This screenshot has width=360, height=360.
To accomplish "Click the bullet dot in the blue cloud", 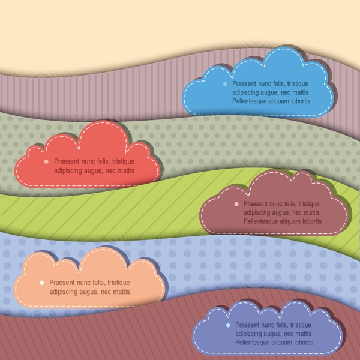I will [x=225, y=85].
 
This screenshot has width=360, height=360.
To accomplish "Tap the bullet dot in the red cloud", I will [x=46, y=161].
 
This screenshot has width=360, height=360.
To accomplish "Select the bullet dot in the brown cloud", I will [x=236, y=204].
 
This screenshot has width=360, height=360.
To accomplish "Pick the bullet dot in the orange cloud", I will [x=41, y=282].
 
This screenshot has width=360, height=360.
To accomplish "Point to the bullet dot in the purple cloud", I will [x=228, y=325].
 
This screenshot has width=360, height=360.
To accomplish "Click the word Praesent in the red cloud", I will [x=66, y=161].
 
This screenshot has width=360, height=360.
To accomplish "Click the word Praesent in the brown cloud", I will [x=256, y=204].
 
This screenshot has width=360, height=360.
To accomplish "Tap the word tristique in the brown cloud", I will [x=307, y=204].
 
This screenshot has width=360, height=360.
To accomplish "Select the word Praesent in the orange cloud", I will [x=61, y=282].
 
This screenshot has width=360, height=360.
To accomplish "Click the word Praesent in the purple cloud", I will [x=248, y=325].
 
